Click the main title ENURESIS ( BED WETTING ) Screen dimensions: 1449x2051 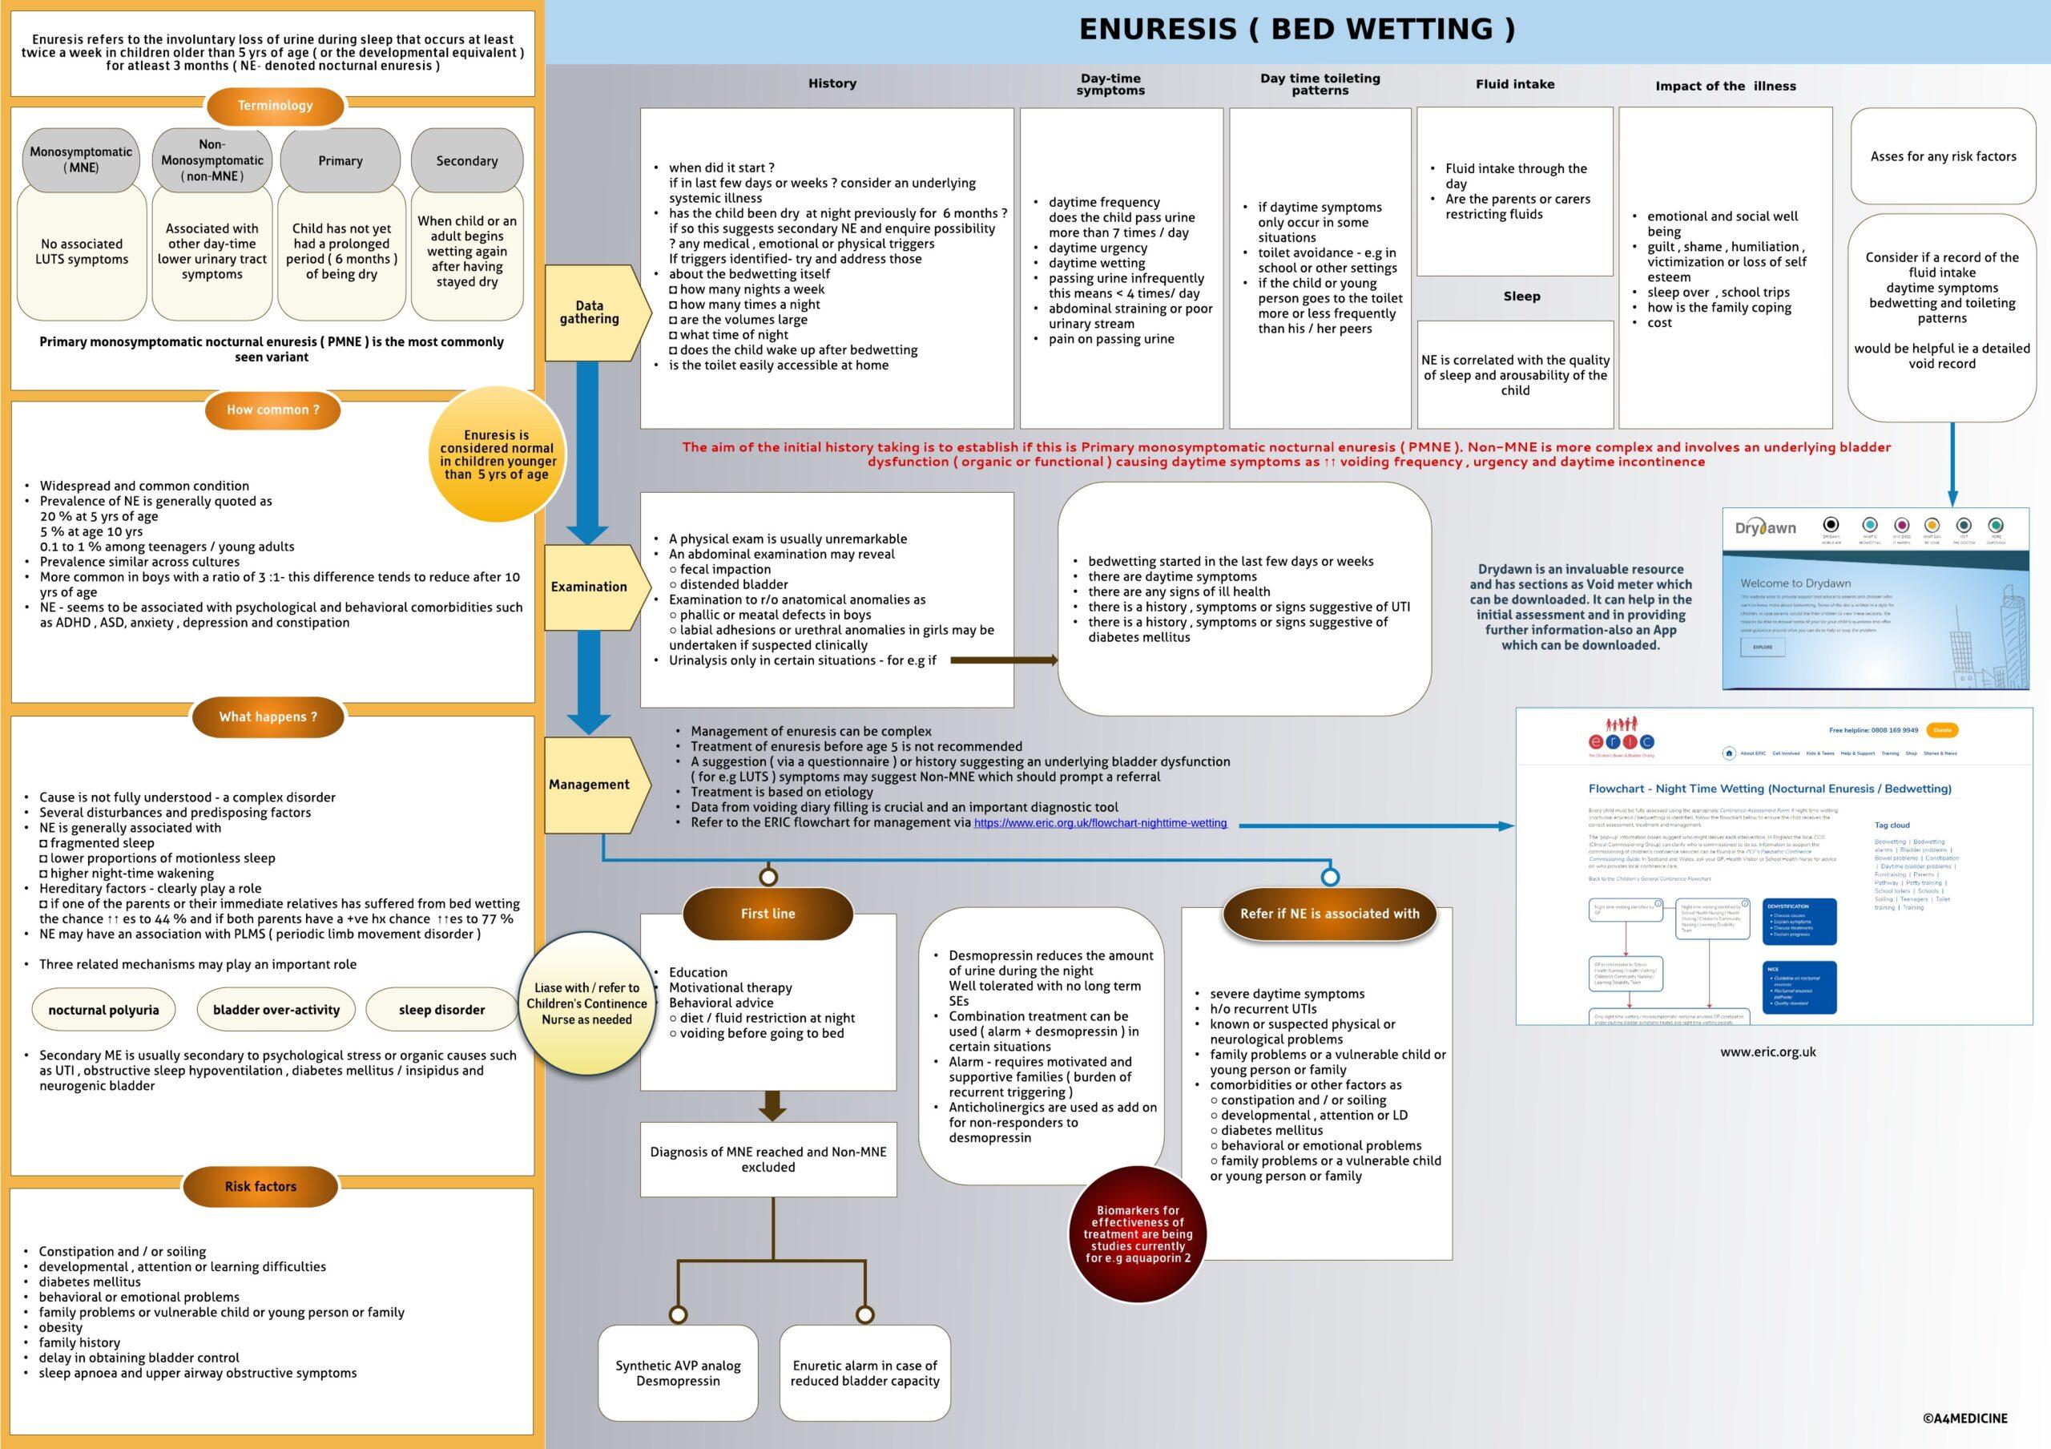[1296, 30]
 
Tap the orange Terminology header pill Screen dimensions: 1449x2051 [275, 106]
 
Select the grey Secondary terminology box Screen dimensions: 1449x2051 [466, 161]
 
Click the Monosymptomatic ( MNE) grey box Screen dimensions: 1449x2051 [81, 160]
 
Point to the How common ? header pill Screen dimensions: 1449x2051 [272, 410]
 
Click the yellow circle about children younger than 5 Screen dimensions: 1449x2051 [498, 454]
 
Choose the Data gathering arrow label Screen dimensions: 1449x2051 [590, 312]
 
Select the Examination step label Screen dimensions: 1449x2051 [590, 587]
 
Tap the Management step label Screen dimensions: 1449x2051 [590, 785]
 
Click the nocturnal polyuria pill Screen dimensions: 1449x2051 [103, 1010]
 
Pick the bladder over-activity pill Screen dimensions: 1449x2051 [276, 1010]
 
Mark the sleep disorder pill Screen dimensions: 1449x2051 [441, 1010]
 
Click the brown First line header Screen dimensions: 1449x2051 [768, 913]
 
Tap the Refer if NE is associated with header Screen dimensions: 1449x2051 [1329, 913]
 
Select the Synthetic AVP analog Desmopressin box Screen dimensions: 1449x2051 [678, 1373]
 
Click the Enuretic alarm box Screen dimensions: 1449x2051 [864, 1373]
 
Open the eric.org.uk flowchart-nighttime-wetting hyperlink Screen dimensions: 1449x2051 [1100, 823]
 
